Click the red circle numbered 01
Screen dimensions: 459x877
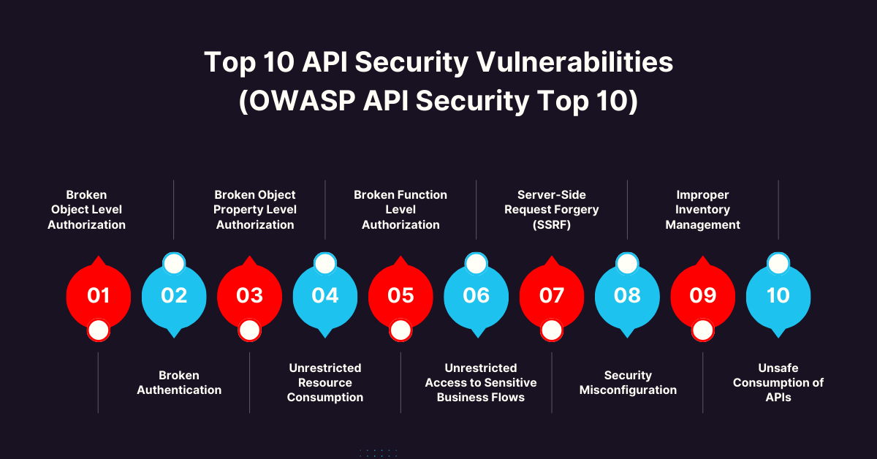tap(99, 295)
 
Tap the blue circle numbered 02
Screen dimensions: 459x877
tap(174, 295)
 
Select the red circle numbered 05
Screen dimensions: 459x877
tap(400, 295)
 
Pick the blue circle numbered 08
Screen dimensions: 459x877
tap(627, 295)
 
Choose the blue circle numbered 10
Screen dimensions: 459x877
tap(778, 295)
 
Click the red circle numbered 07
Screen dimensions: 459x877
tap(552, 295)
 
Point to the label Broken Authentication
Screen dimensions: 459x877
tap(179, 382)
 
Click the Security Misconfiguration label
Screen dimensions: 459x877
tap(628, 382)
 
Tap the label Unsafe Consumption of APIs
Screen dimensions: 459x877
tap(778, 382)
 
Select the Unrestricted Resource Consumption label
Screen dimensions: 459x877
tap(325, 382)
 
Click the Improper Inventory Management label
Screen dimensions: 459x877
tap(702, 210)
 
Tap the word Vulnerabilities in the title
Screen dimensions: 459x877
tap(574, 63)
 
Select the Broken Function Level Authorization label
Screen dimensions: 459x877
tap(400, 210)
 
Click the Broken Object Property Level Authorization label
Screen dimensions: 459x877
tap(255, 210)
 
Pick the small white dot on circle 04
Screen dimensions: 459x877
tap(325, 264)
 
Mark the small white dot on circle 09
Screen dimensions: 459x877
tap(702, 330)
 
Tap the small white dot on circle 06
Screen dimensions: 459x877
tap(476, 264)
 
